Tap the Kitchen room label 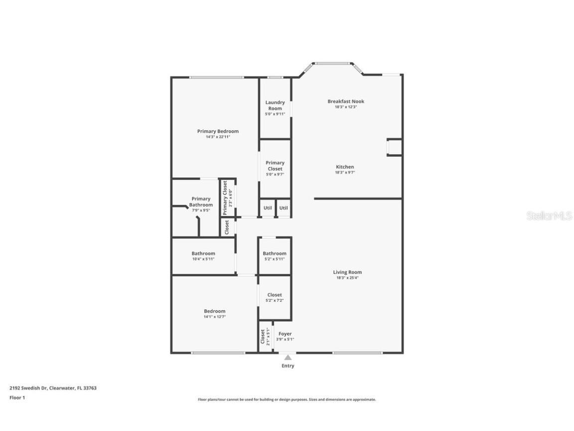pyautogui.click(x=345, y=167)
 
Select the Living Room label pyautogui.click(x=347, y=272)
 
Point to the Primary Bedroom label pyautogui.click(x=218, y=131)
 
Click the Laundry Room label pyautogui.click(x=275, y=105)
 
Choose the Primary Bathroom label pyautogui.click(x=201, y=202)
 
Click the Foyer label pyautogui.click(x=285, y=334)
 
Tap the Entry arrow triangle pyautogui.click(x=287, y=357)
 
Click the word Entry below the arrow pyautogui.click(x=288, y=366)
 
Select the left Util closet pyautogui.click(x=268, y=208)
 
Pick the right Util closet pyautogui.click(x=283, y=208)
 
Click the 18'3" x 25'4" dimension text pyautogui.click(x=347, y=278)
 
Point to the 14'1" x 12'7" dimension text pyautogui.click(x=215, y=317)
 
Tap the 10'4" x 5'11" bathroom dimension pyautogui.click(x=203, y=259)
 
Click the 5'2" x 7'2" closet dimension pyautogui.click(x=275, y=300)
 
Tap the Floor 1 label pyautogui.click(x=17, y=398)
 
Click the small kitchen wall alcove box pyautogui.click(x=394, y=147)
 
